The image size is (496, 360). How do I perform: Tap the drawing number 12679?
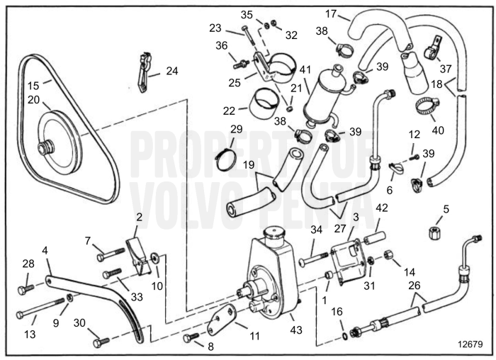470,344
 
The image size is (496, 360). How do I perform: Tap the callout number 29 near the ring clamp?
236,129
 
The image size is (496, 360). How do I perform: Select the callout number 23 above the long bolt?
215,28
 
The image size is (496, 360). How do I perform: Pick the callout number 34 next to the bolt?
315,229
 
